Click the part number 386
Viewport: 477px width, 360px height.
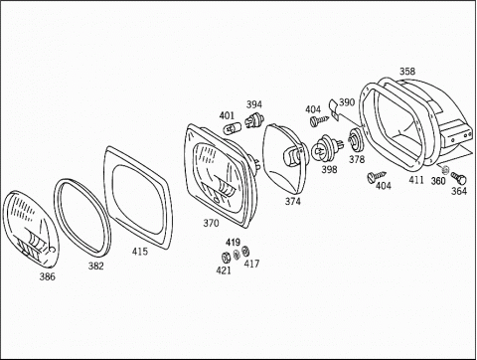48,276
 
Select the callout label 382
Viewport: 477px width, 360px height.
95,266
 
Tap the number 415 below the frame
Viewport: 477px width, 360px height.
140,252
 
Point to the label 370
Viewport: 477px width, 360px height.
211,223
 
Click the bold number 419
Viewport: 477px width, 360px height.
233,243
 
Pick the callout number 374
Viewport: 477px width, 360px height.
293,201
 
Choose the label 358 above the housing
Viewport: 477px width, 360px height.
407,72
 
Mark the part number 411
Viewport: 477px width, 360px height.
416,180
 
